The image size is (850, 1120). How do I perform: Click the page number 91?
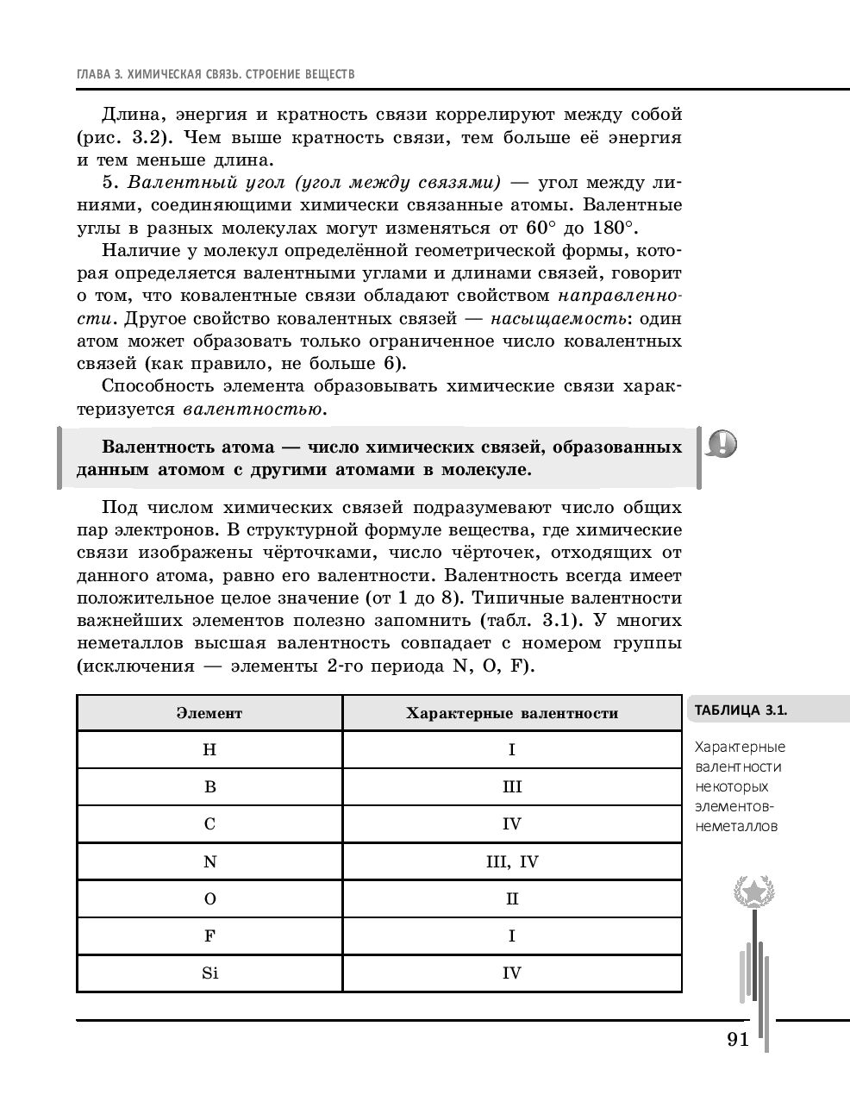coord(737,1039)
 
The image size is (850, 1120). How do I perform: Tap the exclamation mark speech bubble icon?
coord(722,444)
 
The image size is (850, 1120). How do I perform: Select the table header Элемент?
coord(209,713)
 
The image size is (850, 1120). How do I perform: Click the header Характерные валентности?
coord(511,713)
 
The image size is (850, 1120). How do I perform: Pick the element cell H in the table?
coord(209,750)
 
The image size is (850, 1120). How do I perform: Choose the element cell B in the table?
coord(209,787)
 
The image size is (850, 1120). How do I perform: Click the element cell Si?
coord(209,973)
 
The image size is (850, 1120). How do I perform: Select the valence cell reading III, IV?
coord(511,861)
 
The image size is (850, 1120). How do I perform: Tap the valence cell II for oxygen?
coord(511,898)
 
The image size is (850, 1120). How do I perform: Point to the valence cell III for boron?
coord(511,787)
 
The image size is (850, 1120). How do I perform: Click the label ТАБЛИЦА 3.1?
coord(741,710)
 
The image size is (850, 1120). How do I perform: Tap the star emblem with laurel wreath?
coord(753,890)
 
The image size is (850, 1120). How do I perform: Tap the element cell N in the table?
coord(209,861)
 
